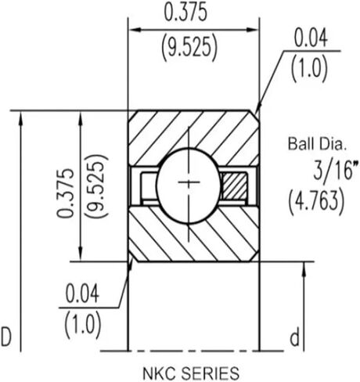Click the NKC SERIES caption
click(191, 373)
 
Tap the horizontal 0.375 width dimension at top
click(185, 13)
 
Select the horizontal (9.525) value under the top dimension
click(189, 48)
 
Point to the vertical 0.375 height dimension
click(65, 193)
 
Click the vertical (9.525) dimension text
click(97, 186)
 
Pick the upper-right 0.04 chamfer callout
click(311, 38)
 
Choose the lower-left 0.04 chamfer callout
click(82, 294)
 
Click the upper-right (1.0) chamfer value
click(309, 68)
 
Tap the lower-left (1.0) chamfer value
click(82, 325)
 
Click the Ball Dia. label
click(317, 144)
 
